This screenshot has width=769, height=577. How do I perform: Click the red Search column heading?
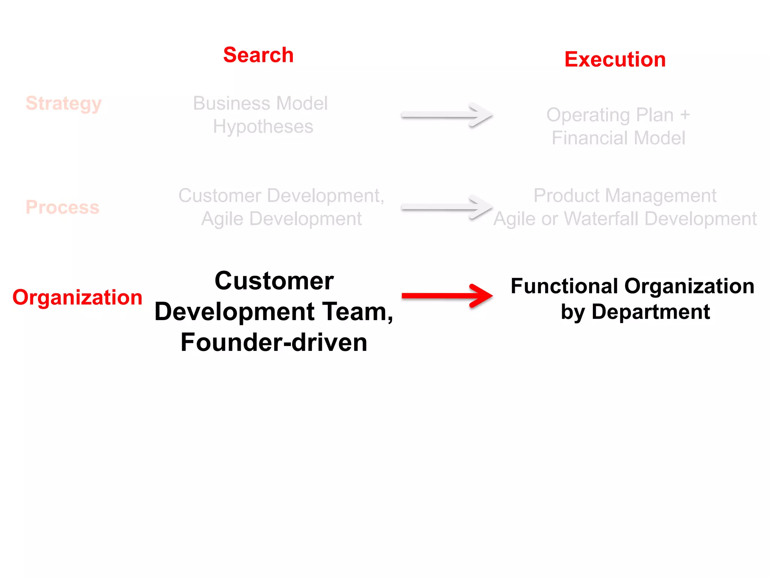258,55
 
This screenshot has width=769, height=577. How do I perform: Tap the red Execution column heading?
615,59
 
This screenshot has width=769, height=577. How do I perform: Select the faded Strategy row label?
63,103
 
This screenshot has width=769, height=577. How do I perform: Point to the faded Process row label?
62,207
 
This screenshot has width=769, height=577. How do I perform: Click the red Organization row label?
77,297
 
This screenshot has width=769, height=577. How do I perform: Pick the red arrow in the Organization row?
447,296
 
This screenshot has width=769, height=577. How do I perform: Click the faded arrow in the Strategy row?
447,115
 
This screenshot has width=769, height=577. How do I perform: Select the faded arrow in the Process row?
447,207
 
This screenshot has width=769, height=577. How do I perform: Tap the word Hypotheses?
263,127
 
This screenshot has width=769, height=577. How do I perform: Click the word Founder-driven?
274,342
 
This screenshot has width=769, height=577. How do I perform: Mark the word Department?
651,312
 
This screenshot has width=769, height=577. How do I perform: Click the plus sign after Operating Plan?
685,115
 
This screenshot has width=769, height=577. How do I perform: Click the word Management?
660,196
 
